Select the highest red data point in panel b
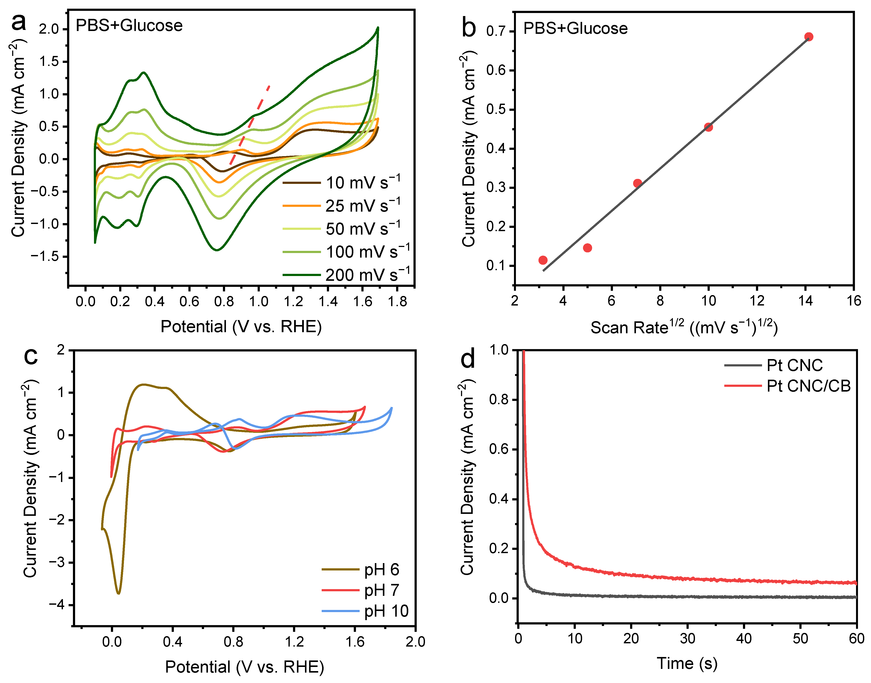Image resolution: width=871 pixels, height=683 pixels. point(808,37)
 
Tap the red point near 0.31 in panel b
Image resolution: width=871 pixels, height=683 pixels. point(637,183)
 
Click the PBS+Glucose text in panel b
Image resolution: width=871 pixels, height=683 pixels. point(575,28)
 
